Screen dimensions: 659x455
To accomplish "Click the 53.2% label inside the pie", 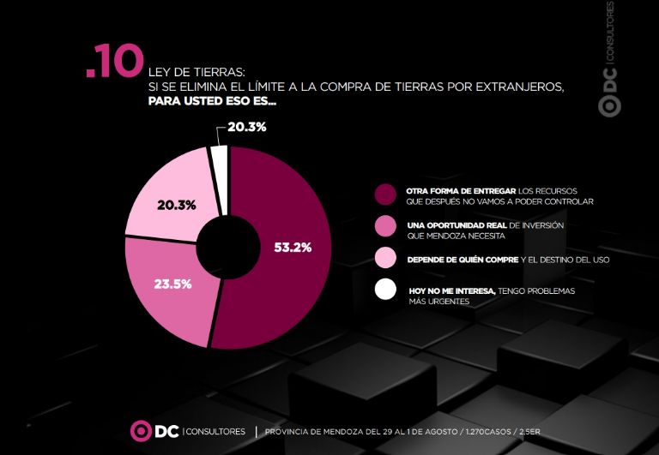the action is coord(293,248).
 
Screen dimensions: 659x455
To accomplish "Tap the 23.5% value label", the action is coord(172,284).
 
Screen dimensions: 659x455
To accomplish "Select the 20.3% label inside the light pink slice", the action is coord(177,206).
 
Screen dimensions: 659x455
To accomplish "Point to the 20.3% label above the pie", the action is coord(247,127).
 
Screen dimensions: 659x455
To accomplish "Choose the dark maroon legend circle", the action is coord(385,195).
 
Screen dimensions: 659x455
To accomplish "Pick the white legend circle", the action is coord(385,290).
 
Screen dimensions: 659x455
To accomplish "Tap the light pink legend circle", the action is coord(385,258).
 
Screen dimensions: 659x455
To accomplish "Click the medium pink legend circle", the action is coord(385,226).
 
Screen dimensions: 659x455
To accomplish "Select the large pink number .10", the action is coord(115,62).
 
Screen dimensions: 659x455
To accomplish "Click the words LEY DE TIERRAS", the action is coord(196,72).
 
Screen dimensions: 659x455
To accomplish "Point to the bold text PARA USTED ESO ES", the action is coord(212,101).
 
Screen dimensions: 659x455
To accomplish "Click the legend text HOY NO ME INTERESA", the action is coord(453,290).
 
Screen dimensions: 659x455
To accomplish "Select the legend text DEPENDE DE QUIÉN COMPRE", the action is coord(463,260).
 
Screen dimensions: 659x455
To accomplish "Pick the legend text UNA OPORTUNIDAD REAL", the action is coord(456,225).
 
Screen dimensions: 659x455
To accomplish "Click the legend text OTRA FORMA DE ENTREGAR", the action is coord(461,191).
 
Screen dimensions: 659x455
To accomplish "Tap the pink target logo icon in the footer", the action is coord(141,431).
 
